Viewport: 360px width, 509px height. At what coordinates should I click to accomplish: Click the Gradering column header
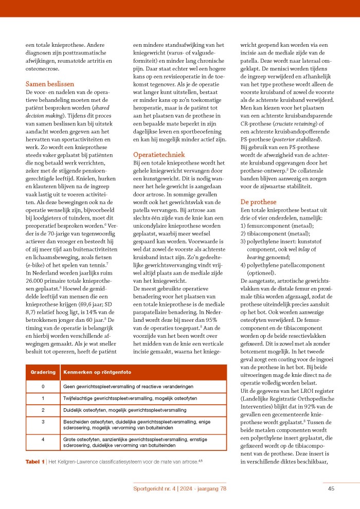43,371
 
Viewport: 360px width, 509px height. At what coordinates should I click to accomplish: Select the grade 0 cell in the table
43,386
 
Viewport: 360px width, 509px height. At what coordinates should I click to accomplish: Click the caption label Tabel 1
35,462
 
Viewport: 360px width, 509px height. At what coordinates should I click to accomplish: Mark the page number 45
332,488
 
